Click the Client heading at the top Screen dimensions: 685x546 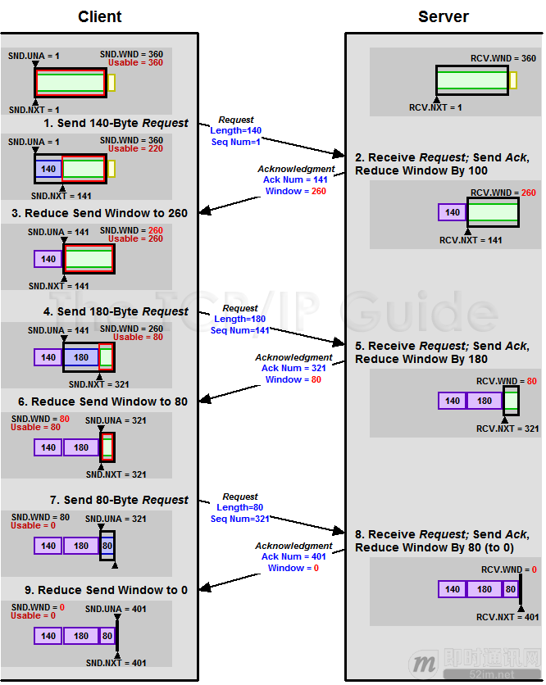pos(100,16)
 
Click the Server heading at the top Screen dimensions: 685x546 pos(444,16)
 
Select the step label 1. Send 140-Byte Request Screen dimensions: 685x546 pos(116,123)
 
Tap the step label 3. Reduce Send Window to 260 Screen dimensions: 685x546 pos(99,213)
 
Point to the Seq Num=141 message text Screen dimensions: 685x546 pos(239,331)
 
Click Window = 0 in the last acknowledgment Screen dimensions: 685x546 pos(293,568)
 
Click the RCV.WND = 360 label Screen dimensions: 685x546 pos(503,58)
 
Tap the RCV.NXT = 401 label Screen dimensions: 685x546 pos(507,617)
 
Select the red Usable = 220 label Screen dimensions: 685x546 pos(135,149)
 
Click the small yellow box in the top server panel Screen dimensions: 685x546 pos(513,80)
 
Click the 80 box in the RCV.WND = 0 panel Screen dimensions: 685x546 pos(510,589)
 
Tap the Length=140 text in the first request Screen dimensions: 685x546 pos(236,131)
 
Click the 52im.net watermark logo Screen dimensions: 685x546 pos(475,661)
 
